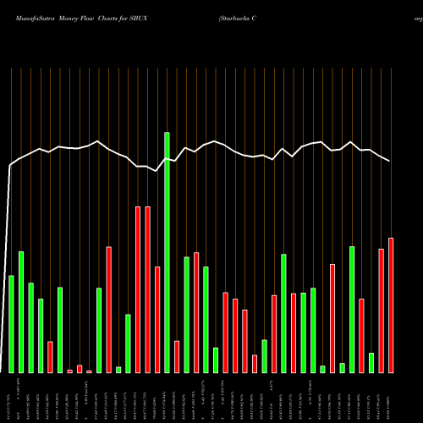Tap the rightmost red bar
391,305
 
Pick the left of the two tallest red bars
138,289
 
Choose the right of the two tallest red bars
147,289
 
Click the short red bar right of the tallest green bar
177,356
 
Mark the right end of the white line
390,161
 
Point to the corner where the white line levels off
10,166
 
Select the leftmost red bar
50,357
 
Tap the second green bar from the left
21,312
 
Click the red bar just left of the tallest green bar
157,320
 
